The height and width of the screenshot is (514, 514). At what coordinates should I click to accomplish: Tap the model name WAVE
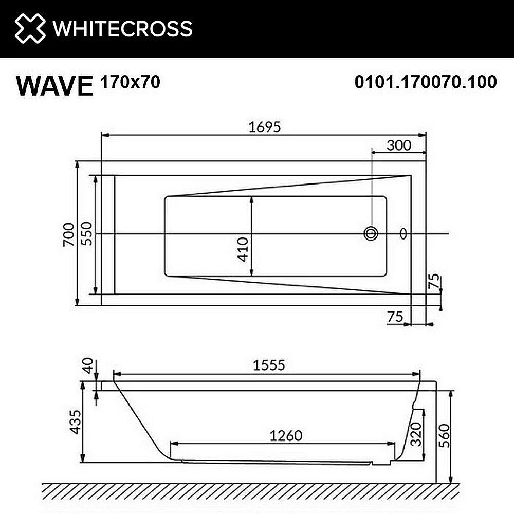[53, 85]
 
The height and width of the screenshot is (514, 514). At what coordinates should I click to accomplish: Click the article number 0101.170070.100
[426, 82]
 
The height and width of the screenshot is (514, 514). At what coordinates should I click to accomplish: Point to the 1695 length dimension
[265, 127]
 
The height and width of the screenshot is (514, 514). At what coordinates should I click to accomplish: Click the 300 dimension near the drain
[399, 145]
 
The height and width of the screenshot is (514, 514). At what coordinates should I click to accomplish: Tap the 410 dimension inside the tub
[243, 249]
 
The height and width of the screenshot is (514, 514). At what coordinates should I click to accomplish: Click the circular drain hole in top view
[371, 234]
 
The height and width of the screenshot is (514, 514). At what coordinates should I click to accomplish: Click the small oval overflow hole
[403, 234]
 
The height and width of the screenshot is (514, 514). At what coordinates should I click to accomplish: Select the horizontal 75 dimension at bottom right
[395, 317]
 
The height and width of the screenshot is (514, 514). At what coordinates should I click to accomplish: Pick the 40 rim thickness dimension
[88, 367]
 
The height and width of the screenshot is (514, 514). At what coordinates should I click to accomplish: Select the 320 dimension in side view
[415, 433]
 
